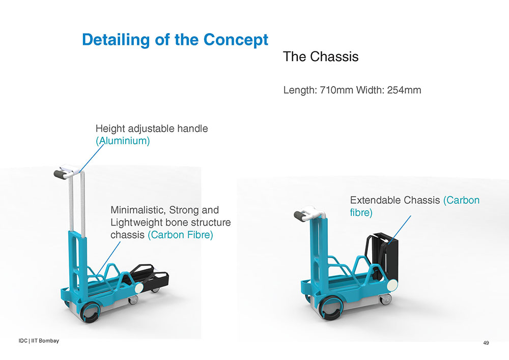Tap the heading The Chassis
(x=321, y=57)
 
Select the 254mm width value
(x=404, y=90)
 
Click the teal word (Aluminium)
(x=123, y=141)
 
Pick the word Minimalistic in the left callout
(x=137, y=210)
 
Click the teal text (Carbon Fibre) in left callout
(x=181, y=235)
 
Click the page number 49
(x=486, y=343)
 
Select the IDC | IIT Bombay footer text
(x=39, y=341)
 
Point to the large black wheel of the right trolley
(x=330, y=309)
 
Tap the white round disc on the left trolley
(x=138, y=288)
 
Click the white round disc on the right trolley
(x=392, y=285)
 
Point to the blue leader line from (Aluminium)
(x=92, y=158)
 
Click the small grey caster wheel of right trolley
(x=386, y=299)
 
